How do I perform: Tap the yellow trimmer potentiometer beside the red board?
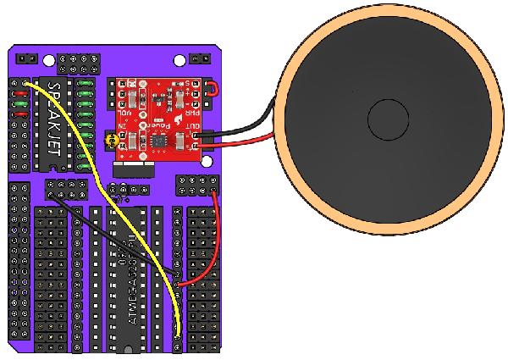108,139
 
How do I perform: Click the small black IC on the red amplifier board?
158,134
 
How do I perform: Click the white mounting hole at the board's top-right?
179,62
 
